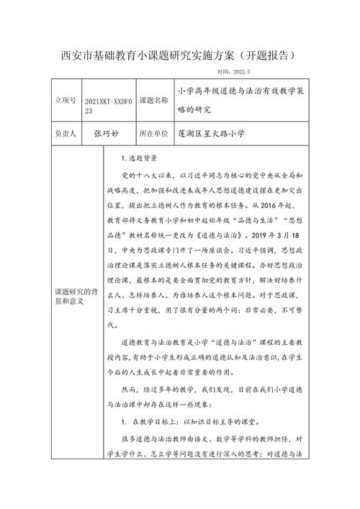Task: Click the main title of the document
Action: pyautogui.click(x=179, y=55)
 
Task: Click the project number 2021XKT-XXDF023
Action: pyautogui.click(x=108, y=107)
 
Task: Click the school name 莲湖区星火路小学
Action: pyautogui.click(x=216, y=134)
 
